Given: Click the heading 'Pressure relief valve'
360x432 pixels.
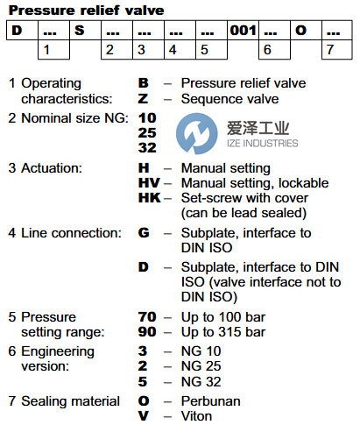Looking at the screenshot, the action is click(x=87, y=11).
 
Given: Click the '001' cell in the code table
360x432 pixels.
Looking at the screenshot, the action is click(x=243, y=30).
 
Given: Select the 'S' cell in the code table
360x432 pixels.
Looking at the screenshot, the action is click(x=85, y=30).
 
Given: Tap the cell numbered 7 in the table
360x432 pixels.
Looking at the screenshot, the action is click(x=337, y=49).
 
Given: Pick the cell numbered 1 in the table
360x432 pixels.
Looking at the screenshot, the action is click(x=53, y=49).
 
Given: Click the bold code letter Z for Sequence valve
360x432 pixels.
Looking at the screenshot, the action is click(x=143, y=99).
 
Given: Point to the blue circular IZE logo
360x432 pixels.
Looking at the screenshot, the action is click(x=196, y=133).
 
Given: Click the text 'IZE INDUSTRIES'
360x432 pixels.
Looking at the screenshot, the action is click(x=263, y=143).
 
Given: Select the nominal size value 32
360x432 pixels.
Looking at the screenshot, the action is click(x=147, y=147).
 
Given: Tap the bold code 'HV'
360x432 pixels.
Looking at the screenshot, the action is click(x=149, y=183).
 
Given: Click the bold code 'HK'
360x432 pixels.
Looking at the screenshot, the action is click(x=150, y=198).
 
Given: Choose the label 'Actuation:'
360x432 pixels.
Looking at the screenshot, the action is click(x=52, y=168).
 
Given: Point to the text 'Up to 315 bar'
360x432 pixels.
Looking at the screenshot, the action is click(x=223, y=332).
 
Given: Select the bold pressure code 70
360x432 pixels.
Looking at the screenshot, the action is click(x=147, y=317).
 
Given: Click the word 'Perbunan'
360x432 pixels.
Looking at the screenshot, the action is click(x=210, y=401).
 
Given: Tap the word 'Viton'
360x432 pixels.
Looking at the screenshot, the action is click(x=196, y=416).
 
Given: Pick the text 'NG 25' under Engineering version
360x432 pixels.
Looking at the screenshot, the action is click(x=201, y=366).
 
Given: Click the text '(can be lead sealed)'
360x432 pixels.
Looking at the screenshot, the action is click(x=244, y=213).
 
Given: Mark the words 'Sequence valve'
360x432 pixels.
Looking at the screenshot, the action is click(x=229, y=99).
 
